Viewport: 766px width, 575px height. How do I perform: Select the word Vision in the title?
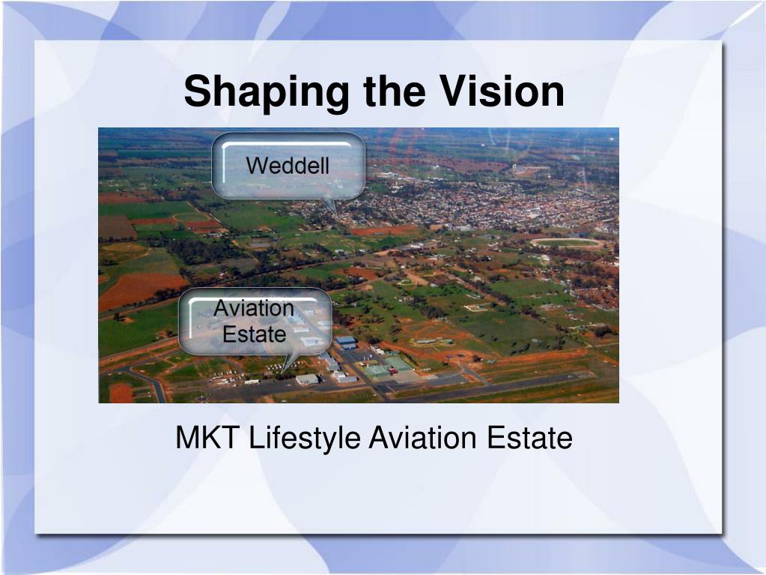(502, 91)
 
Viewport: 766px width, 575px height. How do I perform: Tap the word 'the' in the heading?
(395, 91)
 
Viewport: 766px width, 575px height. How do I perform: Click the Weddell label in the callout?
(288, 165)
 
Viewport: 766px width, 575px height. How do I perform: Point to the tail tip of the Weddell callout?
(337, 216)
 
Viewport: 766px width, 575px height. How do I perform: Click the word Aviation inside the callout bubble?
(254, 308)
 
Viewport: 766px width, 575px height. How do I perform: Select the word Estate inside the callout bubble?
(254, 334)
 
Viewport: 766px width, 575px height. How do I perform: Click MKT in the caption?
(207, 437)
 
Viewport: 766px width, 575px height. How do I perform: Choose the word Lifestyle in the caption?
(305, 438)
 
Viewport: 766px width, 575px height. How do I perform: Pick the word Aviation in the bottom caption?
(422, 437)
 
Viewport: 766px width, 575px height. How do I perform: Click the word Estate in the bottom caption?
(529, 437)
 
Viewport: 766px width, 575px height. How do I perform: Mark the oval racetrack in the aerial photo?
(567, 242)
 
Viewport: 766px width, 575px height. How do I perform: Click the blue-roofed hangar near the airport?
(347, 341)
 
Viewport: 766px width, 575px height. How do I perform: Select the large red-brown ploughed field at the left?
(139, 290)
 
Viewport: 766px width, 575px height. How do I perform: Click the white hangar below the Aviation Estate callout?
(307, 379)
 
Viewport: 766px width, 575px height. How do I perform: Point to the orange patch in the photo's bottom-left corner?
(121, 393)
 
